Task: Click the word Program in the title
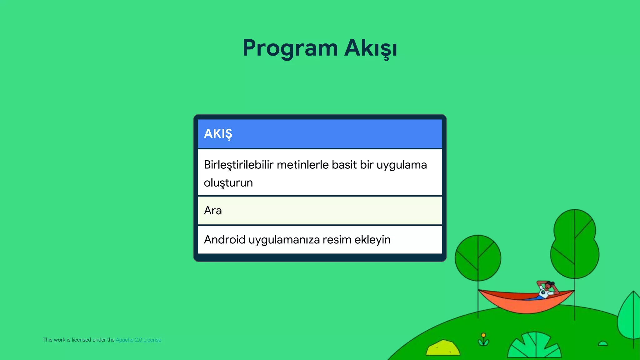(290, 48)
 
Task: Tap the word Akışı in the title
(371, 48)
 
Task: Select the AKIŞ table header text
(218, 134)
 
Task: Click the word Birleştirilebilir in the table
(238, 165)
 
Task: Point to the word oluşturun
(228, 183)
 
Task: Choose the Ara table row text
(213, 211)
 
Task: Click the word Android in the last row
(224, 240)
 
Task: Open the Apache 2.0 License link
(138, 340)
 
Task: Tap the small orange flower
(483, 336)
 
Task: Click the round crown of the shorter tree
(478, 258)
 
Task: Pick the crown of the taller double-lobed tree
(575, 244)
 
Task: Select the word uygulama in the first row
(402, 165)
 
